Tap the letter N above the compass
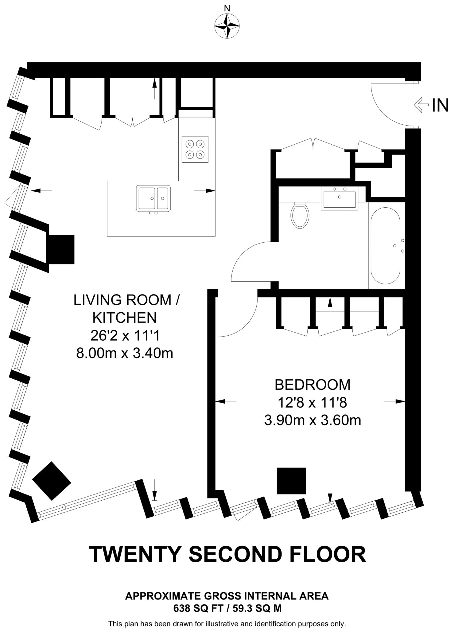pos(227,8)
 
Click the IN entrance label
pos(440,105)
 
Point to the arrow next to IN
pos(421,105)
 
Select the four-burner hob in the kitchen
pos(195,149)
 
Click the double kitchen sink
pos(153,198)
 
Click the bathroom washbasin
pos(340,198)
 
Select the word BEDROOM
pos(312,385)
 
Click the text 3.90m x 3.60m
pos(312,420)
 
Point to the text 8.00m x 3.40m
pos(125,353)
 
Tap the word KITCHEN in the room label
pos(125,318)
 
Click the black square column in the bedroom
pos(291,481)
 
